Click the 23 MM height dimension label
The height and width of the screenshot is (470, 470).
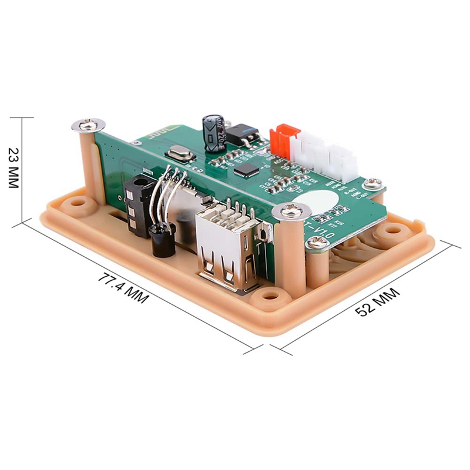pyautogui.click(x=14, y=168)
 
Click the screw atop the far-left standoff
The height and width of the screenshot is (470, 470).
pyautogui.click(x=88, y=124)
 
